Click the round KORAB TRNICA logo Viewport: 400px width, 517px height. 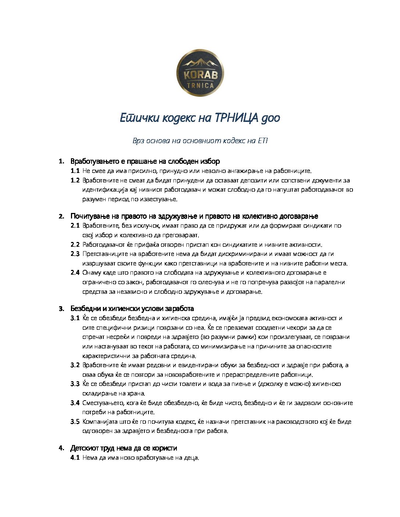[200, 73]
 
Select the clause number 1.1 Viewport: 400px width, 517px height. [75, 171]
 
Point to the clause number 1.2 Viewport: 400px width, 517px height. [75, 180]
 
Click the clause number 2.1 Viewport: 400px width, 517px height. [75, 225]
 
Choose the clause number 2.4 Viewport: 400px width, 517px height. [75, 272]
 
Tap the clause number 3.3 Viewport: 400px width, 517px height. [75, 384]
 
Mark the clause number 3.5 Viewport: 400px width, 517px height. [75, 422]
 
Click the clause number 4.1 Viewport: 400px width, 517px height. [75, 458]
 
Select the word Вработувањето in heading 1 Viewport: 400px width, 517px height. [94, 161]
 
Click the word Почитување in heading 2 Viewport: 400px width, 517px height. [90, 216]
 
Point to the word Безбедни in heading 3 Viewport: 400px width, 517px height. [84, 308]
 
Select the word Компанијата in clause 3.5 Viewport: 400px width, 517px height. [100, 422]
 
